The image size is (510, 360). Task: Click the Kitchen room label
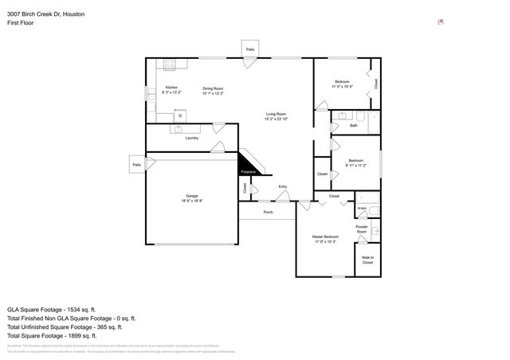(171, 87)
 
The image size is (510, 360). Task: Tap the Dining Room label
(212, 88)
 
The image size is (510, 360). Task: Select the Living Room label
(277, 115)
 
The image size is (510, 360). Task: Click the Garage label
(191, 196)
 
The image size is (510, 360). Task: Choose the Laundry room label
(191, 139)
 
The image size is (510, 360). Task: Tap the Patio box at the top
(249, 49)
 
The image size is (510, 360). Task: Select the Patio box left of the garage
(136, 165)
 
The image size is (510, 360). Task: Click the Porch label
(269, 212)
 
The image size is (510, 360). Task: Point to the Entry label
(282, 187)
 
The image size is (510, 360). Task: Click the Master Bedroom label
(324, 237)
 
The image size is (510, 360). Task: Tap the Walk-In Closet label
(367, 260)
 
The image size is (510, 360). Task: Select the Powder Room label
(362, 229)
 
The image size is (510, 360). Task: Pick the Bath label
(353, 126)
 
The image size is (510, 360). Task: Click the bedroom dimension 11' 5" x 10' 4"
(341, 86)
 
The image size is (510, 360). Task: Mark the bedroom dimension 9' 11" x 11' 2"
(355, 166)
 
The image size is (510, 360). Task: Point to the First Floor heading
(20, 24)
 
